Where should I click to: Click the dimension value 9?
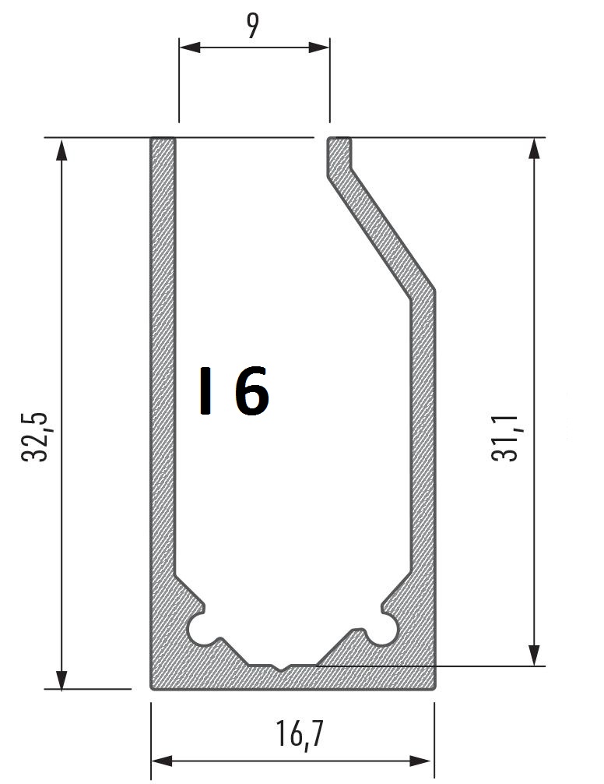click(253, 25)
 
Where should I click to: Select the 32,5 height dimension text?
click(35, 437)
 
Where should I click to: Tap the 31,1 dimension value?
click(505, 438)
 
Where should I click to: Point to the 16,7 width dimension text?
click(300, 734)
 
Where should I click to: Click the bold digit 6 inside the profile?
click(252, 391)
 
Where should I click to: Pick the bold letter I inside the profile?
click(205, 391)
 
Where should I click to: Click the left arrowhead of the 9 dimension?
click(190, 48)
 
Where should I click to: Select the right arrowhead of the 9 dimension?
click(319, 48)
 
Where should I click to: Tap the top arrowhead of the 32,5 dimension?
click(61, 150)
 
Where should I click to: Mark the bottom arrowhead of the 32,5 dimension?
click(61, 680)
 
